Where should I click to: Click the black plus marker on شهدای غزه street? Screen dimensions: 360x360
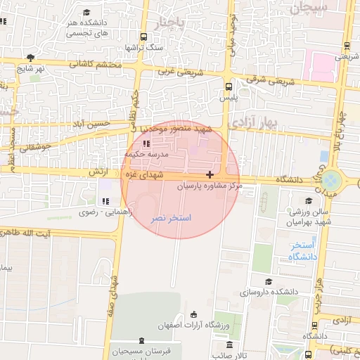pyautogui.click(x=210, y=174)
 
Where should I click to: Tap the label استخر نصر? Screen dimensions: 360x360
pyautogui.click(x=171, y=219)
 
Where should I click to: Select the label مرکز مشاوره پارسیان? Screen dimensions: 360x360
pyautogui.click(x=208, y=186)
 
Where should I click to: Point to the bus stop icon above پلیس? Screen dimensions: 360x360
pyautogui.click(x=228, y=86)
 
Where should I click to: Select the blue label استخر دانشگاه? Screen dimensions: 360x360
pyautogui.click(x=304, y=251)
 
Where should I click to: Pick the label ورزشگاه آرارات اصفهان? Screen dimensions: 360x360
pyautogui.click(x=231, y=326)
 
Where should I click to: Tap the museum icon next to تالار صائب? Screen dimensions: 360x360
pyautogui.click(x=230, y=345)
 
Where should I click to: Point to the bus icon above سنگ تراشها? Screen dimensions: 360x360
pyautogui.click(x=143, y=37)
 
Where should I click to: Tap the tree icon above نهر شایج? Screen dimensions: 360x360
pyautogui.click(x=30, y=58)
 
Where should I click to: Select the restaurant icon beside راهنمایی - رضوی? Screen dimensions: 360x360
pyautogui.click(x=106, y=202)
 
